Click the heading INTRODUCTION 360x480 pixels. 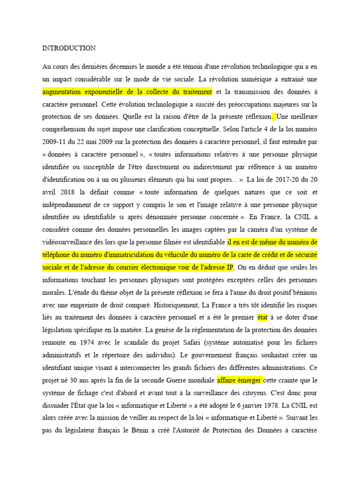69,48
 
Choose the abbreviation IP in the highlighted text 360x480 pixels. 230,268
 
